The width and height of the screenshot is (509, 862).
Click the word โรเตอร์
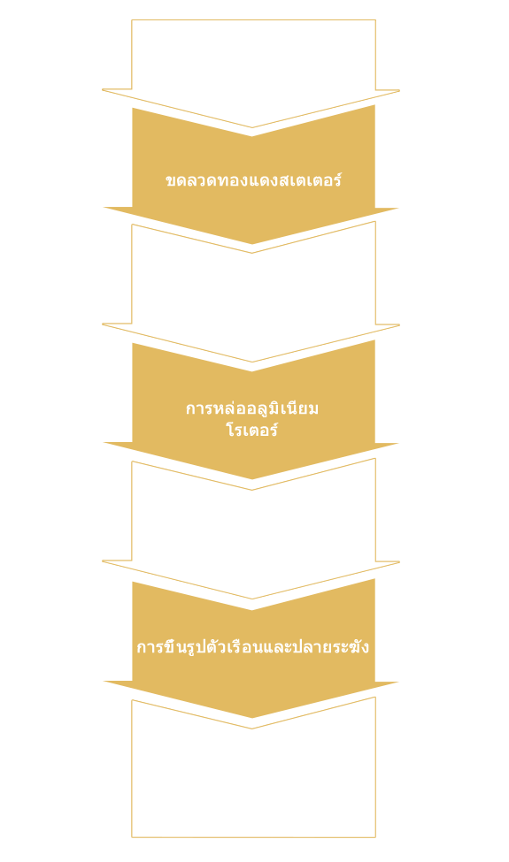pyautogui.click(x=252, y=430)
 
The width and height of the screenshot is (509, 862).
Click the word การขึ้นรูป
pyautogui.click(x=166, y=646)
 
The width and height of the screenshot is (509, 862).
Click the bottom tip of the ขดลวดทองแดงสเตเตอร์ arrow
pyautogui.click(x=252, y=244)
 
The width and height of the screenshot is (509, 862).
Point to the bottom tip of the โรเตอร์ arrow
pyautogui.click(x=252, y=479)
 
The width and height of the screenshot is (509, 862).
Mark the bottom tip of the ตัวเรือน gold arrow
pyautogui.click(x=252, y=718)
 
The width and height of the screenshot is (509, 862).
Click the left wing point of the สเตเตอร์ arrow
pyautogui.click(x=104, y=208)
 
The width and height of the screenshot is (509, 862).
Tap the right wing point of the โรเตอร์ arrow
pyautogui.click(x=398, y=444)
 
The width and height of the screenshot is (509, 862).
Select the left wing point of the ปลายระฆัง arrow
pyautogui.click(x=104, y=682)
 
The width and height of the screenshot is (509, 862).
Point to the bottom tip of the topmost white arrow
pyautogui.click(x=252, y=128)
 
